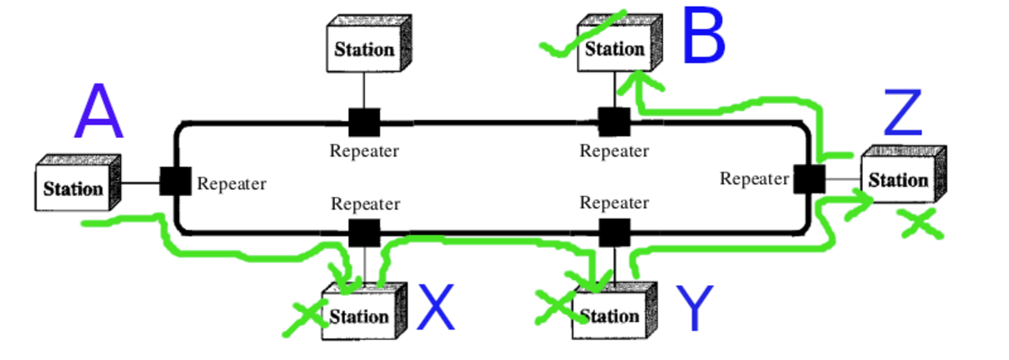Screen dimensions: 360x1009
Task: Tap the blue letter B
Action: pyautogui.click(x=703, y=38)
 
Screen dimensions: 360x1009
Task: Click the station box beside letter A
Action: pyautogui.click(x=74, y=187)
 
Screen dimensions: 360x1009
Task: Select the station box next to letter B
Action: pyautogui.click(x=615, y=48)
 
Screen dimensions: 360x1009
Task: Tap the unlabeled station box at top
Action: pyautogui.click(x=364, y=48)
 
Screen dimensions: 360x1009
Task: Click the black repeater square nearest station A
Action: pyautogui.click(x=175, y=181)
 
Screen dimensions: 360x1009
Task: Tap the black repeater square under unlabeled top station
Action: pyautogui.click(x=364, y=123)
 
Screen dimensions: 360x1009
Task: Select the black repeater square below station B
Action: pyautogui.click(x=613, y=123)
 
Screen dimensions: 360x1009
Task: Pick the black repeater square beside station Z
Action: pyautogui.click(x=810, y=179)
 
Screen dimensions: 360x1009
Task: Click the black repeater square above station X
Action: pyautogui.click(x=364, y=231)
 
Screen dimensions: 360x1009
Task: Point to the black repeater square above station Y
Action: pyautogui.click(x=613, y=231)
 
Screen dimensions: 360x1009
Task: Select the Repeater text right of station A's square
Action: pyautogui.click(x=231, y=183)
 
